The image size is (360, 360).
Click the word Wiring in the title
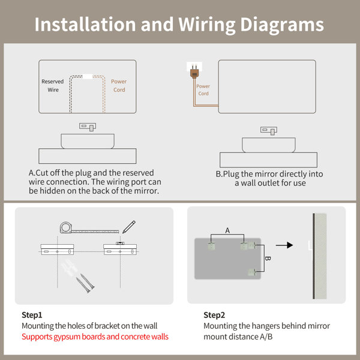[x=207, y=25]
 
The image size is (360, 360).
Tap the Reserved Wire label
[x=53, y=86]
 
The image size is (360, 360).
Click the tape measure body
[x=66, y=227]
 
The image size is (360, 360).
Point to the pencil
[x=129, y=227]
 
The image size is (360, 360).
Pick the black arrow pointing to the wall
[x=284, y=245]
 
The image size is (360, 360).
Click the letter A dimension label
[x=227, y=230]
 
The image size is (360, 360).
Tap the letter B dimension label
[x=268, y=258]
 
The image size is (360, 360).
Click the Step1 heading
[x=32, y=315]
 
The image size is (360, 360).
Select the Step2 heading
[x=214, y=315]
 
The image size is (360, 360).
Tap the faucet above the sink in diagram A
[x=88, y=127]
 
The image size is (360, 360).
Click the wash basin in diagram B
[x=269, y=145]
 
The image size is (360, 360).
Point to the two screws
[x=85, y=283]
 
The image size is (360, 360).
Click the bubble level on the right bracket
[x=120, y=243]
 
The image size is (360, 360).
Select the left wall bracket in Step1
[x=57, y=250]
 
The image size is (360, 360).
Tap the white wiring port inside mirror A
[x=88, y=76]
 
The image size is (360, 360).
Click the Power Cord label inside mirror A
[x=119, y=86]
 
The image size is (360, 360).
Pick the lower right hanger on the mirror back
[x=252, y=272]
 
